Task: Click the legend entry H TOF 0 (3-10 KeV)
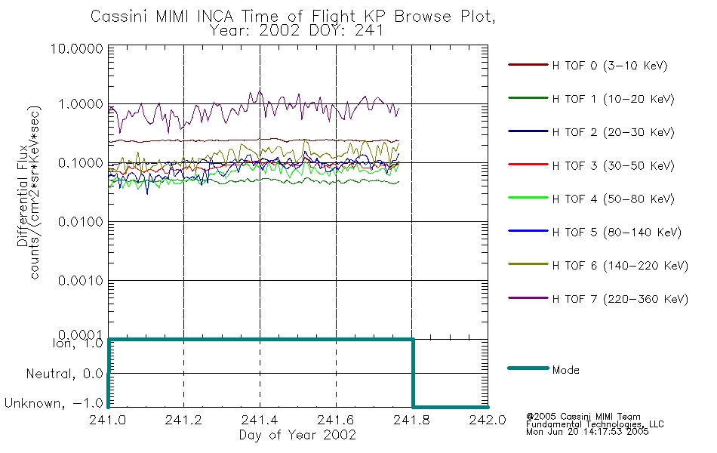(610, 66)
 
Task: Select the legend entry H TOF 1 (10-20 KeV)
(613, 99)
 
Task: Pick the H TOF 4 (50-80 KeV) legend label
(613, 199)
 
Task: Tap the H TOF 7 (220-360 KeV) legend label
(620, 299)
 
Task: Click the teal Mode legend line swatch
(528, 368)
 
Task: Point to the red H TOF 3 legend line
(528, 165)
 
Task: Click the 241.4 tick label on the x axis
(260, 420)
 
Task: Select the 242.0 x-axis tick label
(488, 420)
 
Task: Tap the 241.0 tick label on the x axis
(107, 420)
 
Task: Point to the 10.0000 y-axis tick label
(77, 48)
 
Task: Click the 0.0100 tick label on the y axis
(81, 222)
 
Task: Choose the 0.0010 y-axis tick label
(81, 281)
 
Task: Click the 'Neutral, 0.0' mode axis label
(64, 374)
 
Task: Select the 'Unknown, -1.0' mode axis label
(54, 403)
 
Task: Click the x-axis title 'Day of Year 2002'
(297, 435)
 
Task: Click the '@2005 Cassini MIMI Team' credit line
(583, 417)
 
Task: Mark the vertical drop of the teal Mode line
(413, 373)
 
